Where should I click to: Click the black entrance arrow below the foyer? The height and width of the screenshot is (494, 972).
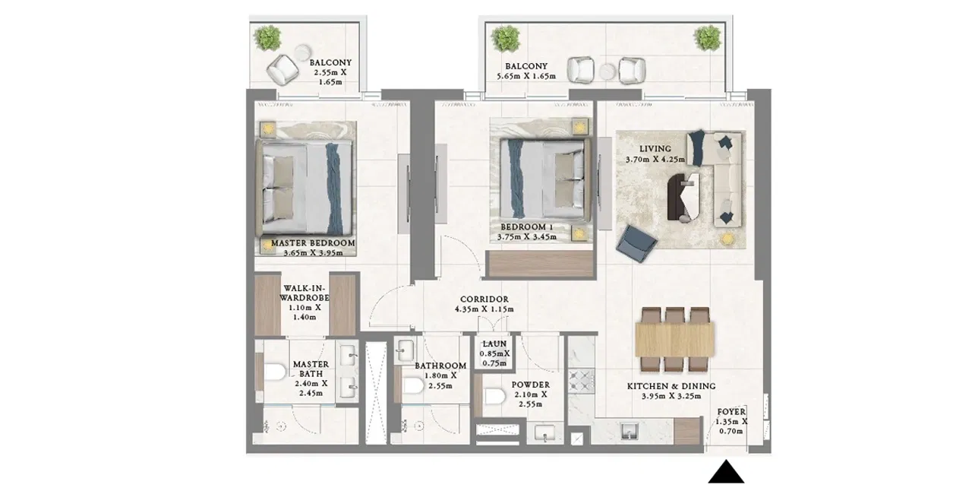click(726, 473)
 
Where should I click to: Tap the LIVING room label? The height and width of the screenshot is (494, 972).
click(655, 149)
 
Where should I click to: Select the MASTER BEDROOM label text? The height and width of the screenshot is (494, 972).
click(313, 243)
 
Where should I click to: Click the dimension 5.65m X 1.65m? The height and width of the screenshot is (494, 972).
click(526, 77)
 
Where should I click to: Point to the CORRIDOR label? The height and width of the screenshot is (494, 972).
click(484, 299)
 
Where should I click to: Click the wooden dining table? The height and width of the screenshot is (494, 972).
click(675, 340)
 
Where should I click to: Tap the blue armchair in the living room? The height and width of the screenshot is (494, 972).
click(636, 244)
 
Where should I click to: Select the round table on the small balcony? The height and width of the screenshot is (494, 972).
click(301, 53)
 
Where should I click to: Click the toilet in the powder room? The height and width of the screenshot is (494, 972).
click(495, 396)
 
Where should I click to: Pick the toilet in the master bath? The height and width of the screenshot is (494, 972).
click(275, 372)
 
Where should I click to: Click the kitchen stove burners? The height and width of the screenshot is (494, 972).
click(582, 380)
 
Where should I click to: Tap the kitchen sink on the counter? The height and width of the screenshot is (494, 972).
click(629, 431)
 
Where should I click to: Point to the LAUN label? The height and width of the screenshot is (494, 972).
click(494, 344)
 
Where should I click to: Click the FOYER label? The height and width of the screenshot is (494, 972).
click(731, 411)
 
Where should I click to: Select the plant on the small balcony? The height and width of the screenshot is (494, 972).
click(268, 37)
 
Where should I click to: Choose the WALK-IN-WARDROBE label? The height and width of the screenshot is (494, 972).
click(305, 293)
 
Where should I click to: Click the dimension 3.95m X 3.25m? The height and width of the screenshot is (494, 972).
click(671, 396)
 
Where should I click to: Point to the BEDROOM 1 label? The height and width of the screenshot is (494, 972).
click(527, 226)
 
